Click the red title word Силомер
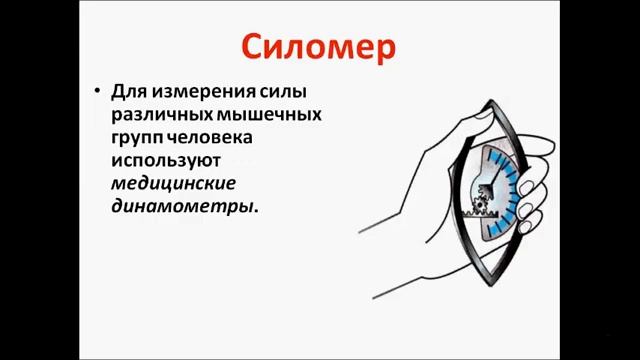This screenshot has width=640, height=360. pos(319,47)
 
